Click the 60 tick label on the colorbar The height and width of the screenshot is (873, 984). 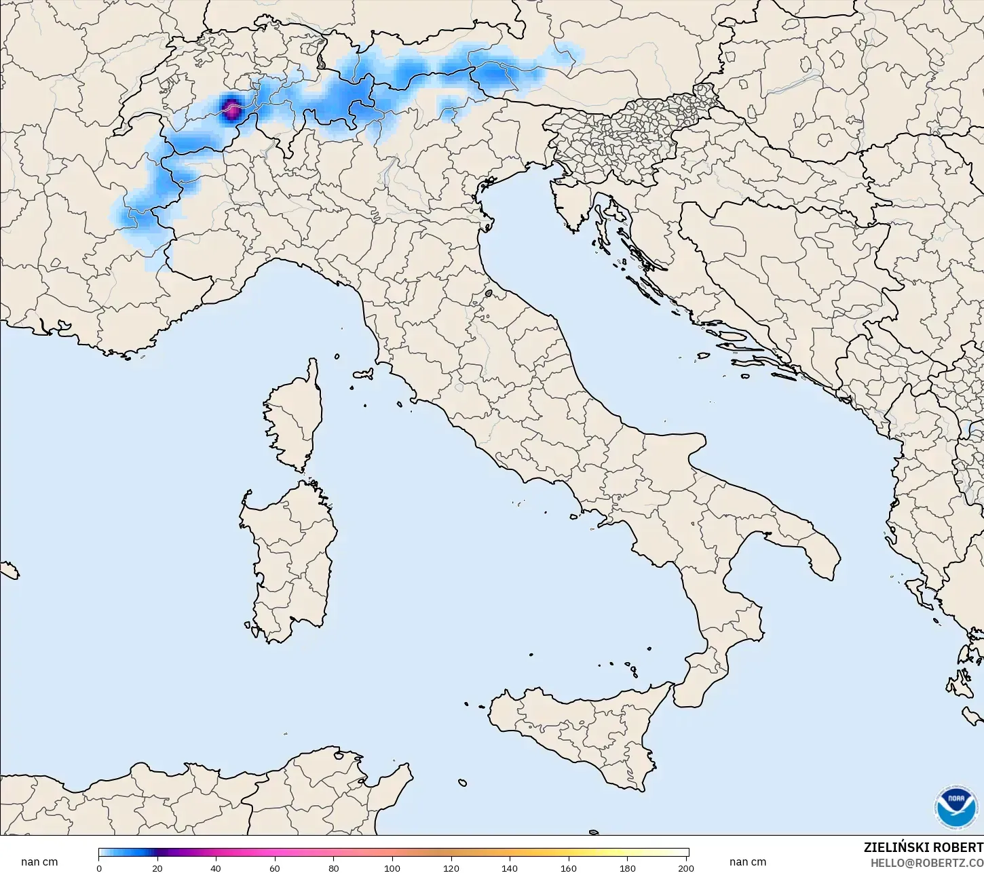(x=274, y=868)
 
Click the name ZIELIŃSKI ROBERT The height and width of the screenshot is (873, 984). (x=923, y=848)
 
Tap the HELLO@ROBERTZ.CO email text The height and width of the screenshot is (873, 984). (x=927, y=863)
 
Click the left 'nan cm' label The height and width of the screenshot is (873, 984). (x=39, y=862)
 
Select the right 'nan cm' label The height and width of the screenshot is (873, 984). (x=748, y=862)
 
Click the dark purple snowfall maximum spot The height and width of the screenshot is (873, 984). (x=231, y=109)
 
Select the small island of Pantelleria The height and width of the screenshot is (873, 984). (x=462, y=783)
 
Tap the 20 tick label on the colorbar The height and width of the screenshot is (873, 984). (x=157, y=868)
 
